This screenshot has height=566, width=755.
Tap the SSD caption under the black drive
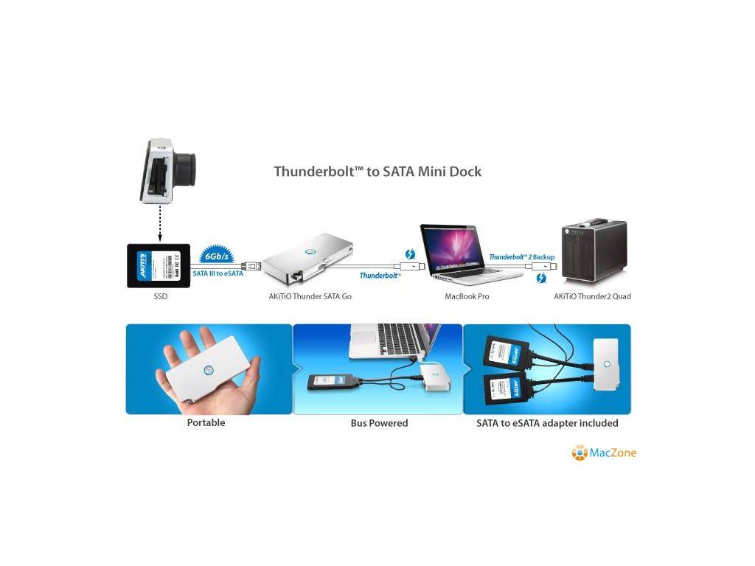159,296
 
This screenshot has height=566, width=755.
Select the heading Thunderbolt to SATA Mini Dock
377,172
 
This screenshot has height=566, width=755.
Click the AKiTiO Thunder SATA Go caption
305,296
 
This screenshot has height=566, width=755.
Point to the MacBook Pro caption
467,296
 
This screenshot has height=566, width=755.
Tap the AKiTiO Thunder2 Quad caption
592,296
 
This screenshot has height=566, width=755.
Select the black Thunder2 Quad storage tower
594,251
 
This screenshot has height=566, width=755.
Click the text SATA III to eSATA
218,273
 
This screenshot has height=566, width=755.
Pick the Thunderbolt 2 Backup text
521,256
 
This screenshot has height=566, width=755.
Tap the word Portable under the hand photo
206,423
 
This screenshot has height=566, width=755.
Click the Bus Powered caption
379,423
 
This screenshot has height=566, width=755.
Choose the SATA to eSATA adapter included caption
547,423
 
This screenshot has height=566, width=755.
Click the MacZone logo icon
580,453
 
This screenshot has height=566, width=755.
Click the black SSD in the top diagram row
159,265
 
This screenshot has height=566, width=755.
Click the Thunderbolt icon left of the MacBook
409,255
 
